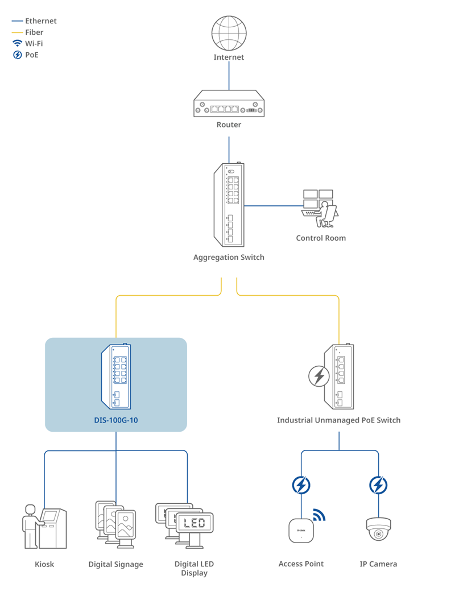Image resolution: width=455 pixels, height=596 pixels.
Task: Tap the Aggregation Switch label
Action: (229, 257)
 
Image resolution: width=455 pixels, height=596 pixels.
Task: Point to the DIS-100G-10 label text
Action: (116, 421)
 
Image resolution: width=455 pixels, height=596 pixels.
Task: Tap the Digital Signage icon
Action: (115, 525)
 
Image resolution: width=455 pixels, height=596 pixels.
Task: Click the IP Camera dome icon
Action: (378, 529)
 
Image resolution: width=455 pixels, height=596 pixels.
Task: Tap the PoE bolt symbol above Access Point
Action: (301, 485)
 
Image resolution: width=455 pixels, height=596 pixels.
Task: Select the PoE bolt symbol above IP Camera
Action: (378, 485)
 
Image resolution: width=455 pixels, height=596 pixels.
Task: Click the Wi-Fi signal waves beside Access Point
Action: (319, 515)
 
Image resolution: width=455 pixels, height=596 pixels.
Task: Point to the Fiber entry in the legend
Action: (34, 32)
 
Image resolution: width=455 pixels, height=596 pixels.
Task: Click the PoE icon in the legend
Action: (17, 55)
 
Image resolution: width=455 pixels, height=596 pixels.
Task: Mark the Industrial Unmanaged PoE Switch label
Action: (338, 420)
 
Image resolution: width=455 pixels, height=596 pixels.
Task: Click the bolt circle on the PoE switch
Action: (318, 376)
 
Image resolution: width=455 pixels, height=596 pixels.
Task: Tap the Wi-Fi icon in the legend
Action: (17, 43)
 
